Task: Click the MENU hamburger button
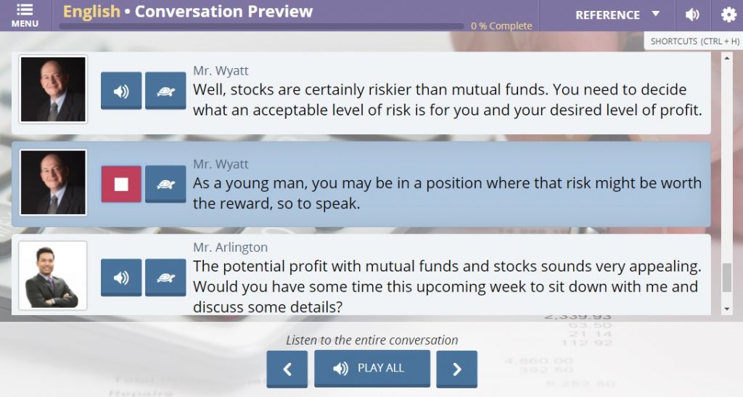point(25,16)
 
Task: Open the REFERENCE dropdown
point(617,15)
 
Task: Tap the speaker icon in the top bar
point(692,15)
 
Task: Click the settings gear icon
point(728,15)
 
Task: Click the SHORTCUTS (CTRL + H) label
point(694,41)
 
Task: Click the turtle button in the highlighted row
point(165,184)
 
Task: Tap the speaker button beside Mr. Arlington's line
point(121,278)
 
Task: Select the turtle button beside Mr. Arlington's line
point(165,278)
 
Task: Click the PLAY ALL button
point(372,369)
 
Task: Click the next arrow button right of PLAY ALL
point(457,369)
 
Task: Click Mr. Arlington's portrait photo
point(52,276)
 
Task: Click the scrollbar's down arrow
point(727,309)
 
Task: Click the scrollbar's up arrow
point(727,58)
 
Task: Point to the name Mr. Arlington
point(230,247)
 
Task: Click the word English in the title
point(91,12)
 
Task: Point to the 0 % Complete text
point(501,26)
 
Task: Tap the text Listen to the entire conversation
point(372,340)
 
